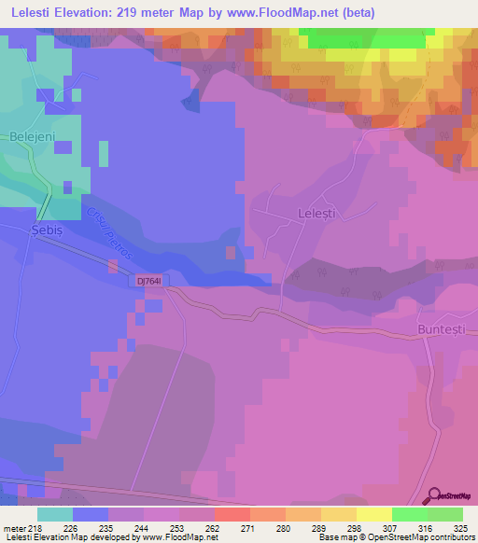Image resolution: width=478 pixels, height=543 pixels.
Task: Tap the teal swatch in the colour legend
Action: click(x=55, y=514)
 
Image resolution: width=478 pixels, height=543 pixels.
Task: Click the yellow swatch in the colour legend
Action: click(x=373, y=514)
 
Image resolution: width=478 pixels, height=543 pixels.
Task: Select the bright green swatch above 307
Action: click(x=409, y=514)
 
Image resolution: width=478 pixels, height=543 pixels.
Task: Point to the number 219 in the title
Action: click(x=158, y=12)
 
